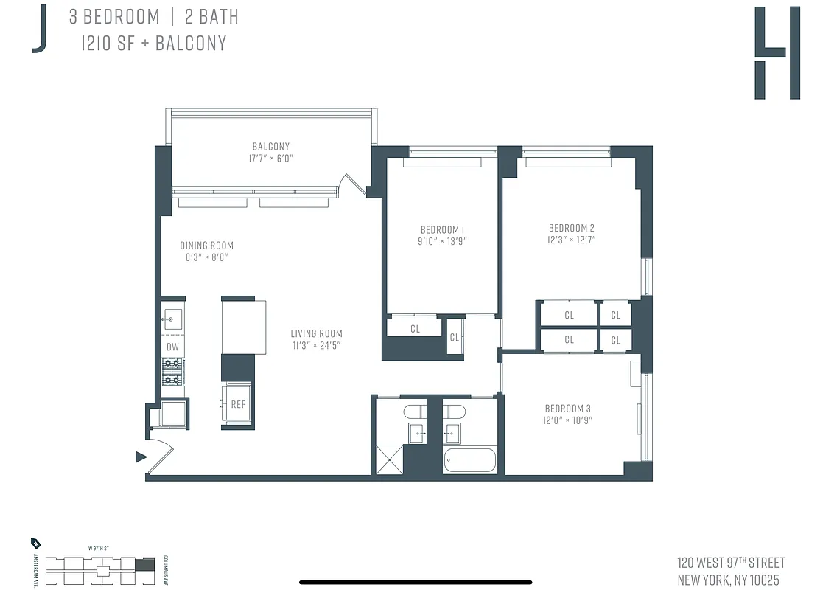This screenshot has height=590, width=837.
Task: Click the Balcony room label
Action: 271,147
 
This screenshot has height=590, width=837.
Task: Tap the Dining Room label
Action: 206,246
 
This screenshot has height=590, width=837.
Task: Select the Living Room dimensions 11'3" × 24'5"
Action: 316,345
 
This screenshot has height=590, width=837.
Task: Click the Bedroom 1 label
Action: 442,229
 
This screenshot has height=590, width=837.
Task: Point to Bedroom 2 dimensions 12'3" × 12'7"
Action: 572,240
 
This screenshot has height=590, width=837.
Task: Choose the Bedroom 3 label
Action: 567,409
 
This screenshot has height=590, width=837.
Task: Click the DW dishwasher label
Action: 172,347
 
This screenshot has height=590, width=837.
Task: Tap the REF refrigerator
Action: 238,404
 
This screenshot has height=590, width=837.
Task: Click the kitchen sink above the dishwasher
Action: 172,319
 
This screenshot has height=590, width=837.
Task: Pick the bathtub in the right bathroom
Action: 470,460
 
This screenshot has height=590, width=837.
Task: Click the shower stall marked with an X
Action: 389,460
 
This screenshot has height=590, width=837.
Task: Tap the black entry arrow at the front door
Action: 141,457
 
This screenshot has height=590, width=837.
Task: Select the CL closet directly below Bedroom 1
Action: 415,329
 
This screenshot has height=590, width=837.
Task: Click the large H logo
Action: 777,53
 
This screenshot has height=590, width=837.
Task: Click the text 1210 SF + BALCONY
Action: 154,43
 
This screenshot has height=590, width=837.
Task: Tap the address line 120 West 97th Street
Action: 731,563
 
